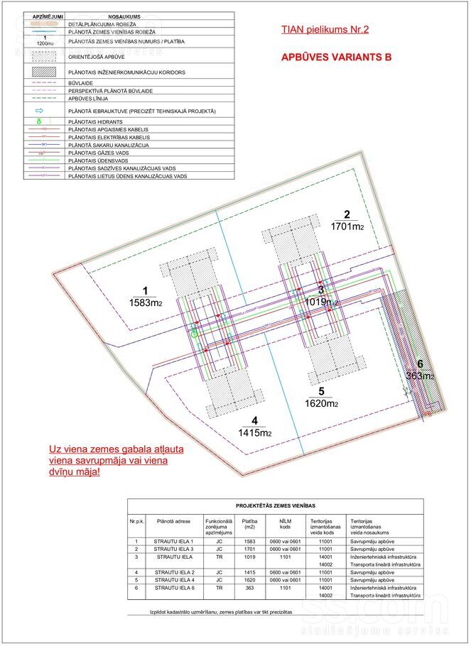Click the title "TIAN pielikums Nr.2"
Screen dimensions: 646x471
pos(325,30)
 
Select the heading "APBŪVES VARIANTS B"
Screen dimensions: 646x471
pos(337,58)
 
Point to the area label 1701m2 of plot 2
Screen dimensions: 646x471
pos(347,227)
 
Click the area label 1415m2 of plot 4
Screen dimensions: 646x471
pos(255,432)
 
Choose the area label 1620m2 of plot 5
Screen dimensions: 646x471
pos(321,404)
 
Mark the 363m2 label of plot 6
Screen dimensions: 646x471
pos(420,376)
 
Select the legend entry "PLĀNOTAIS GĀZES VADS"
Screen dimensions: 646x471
pos(99,153)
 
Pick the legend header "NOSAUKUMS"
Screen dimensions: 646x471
pos(124,15)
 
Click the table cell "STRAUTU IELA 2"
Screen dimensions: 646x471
pos(173,572)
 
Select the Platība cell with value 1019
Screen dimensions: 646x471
pos(249,557)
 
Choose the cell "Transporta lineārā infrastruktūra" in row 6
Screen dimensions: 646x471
pos(385,596)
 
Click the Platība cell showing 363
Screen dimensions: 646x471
pos(249,588)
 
